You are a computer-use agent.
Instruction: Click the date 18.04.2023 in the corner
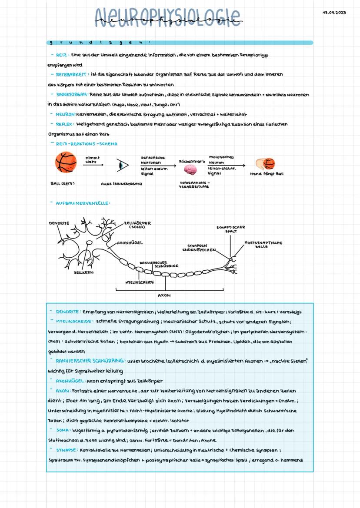pyautogui.click(x=334, y=12)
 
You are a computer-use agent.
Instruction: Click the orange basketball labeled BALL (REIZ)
pyautogui.click(x=66, y=163)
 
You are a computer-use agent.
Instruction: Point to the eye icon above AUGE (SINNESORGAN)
pyautogui.click(x=123, y=166)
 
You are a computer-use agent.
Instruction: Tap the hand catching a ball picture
pyautogui.click(x=267, y=164)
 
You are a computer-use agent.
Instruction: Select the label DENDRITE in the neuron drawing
pyautogui.click(x=59, y=223)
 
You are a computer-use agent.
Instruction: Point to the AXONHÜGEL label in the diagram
pyautogui.click(x=130, y=243)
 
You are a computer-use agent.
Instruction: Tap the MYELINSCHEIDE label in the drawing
pyautogui.click(x=140, y=282)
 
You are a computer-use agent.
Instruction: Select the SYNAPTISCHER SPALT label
pyautogui.click(x=230, y=229)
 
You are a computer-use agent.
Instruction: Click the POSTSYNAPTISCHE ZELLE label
pyautogui.click(x=263, y=245)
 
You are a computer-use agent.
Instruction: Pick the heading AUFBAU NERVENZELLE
pyautogui.click(x=83, y=203)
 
